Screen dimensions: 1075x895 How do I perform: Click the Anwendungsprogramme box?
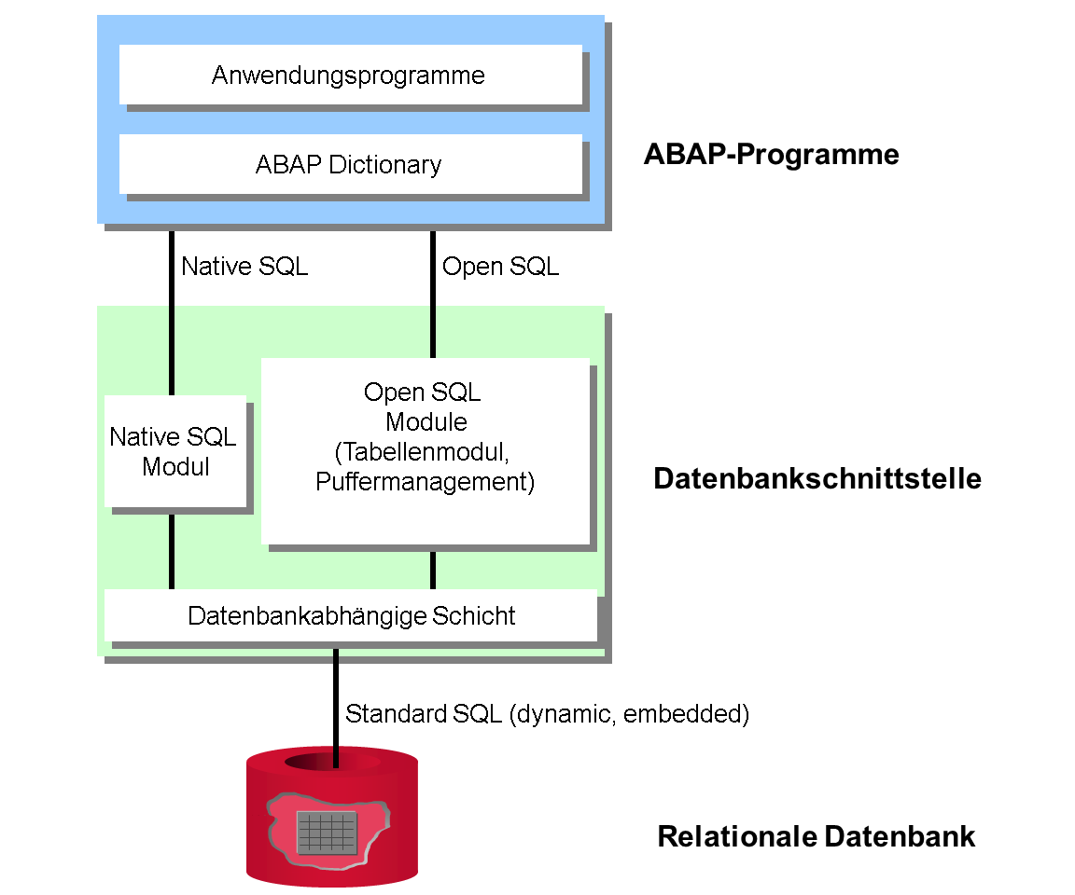click(350, 75)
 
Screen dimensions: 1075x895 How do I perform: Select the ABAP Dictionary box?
click(350, 164)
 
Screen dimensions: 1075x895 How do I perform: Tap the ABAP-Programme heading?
click(772, 155)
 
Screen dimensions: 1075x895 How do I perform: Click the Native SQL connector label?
click(244, 267)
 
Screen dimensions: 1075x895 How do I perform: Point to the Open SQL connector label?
click(500, 267)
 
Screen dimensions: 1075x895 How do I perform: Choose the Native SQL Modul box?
click(175, 451)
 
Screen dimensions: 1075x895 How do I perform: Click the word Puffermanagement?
click(425, 481)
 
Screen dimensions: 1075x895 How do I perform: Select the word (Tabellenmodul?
click(423, 452)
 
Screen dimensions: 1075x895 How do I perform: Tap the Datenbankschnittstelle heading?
click(817, 478)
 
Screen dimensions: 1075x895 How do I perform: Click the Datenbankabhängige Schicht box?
click(350, 615)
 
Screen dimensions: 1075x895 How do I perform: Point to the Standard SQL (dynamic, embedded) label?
click(547, 713)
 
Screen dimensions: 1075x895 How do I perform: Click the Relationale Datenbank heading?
click(816, 836)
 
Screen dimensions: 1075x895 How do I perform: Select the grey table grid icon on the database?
click(327, 833)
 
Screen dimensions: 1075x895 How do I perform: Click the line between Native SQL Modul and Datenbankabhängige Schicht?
click(172, 552)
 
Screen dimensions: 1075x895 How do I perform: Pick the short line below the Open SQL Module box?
click(433, 571)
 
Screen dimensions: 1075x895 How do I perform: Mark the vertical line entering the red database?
click(336, 708)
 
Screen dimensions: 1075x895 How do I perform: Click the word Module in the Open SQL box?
click(426, 421)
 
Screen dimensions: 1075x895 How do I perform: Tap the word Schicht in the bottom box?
click(474, 615)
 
